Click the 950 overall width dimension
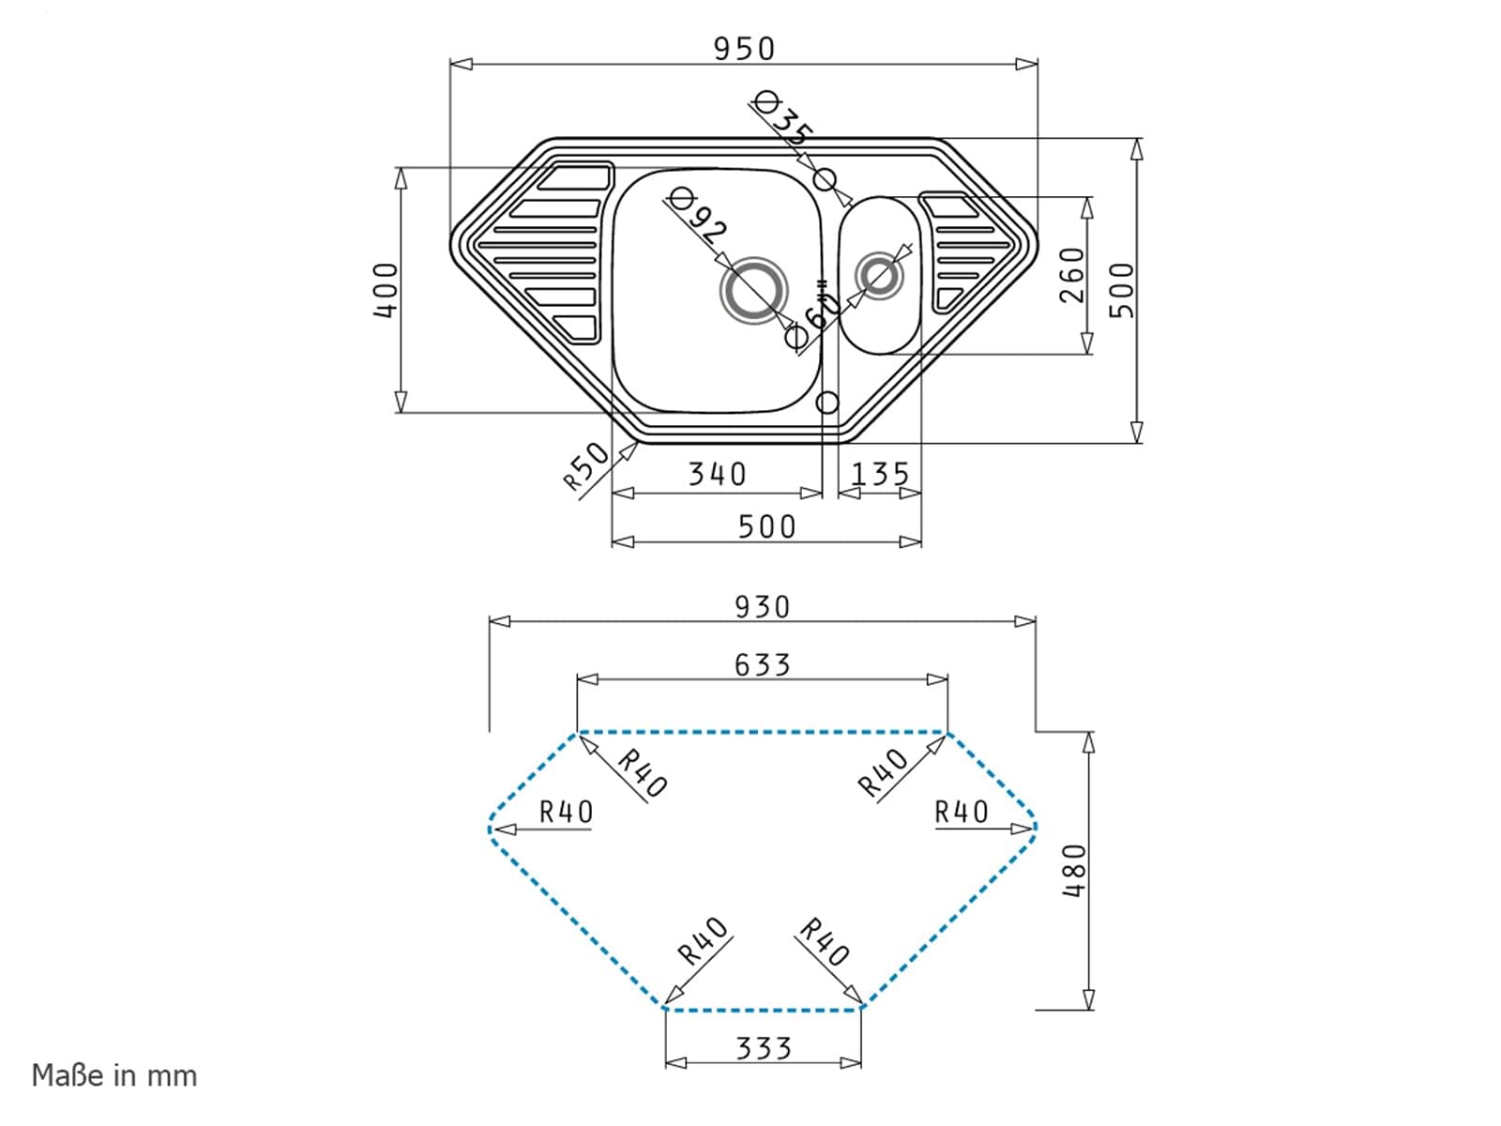[744, 49]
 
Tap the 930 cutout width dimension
[762, 607]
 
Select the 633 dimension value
[762, 664]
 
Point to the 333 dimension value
[763, 1048]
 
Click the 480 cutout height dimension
[1075, 871]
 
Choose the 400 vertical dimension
[386, 291]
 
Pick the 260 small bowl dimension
[1071, 275]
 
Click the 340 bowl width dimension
[717, 474]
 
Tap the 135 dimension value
[880, 474]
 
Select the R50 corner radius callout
[586, 466]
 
